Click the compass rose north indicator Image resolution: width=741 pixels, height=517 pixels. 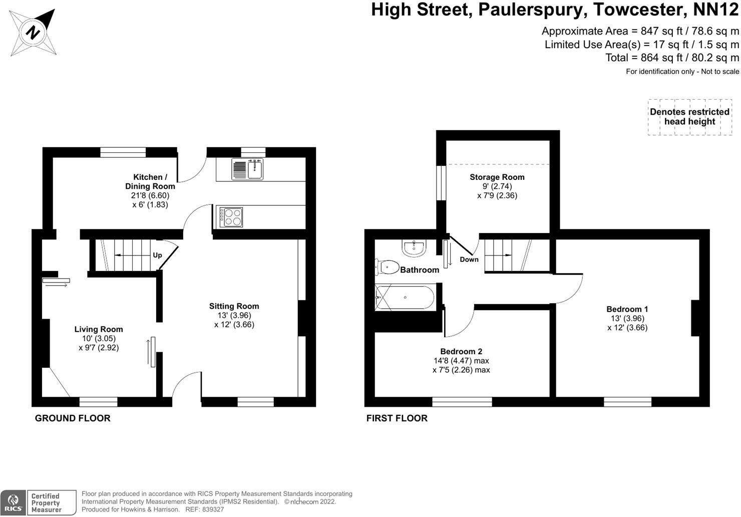[34, 33]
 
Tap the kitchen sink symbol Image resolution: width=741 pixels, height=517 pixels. [248, 169]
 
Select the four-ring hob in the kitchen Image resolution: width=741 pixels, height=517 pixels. [231, 217]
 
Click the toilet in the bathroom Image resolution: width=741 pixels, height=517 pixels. [387, 267]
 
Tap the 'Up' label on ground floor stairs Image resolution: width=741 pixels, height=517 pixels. [157, 255]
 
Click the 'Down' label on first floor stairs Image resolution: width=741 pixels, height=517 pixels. [469, 260]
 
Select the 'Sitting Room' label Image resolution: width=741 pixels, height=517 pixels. [234, 306]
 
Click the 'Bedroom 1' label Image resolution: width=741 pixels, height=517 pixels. [627, 309]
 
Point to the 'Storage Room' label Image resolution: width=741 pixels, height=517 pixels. [497, 177]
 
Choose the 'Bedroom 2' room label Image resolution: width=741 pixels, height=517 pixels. [461, 351]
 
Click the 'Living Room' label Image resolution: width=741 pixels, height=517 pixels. [99, 329]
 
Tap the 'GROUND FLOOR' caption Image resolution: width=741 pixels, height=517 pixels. [73, 418]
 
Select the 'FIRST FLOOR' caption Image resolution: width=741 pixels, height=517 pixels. [397, 418]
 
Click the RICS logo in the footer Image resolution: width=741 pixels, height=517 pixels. [13, 502]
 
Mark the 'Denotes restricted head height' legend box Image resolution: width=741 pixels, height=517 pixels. [689, 117]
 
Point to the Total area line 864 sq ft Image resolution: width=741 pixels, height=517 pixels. [672, 58]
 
